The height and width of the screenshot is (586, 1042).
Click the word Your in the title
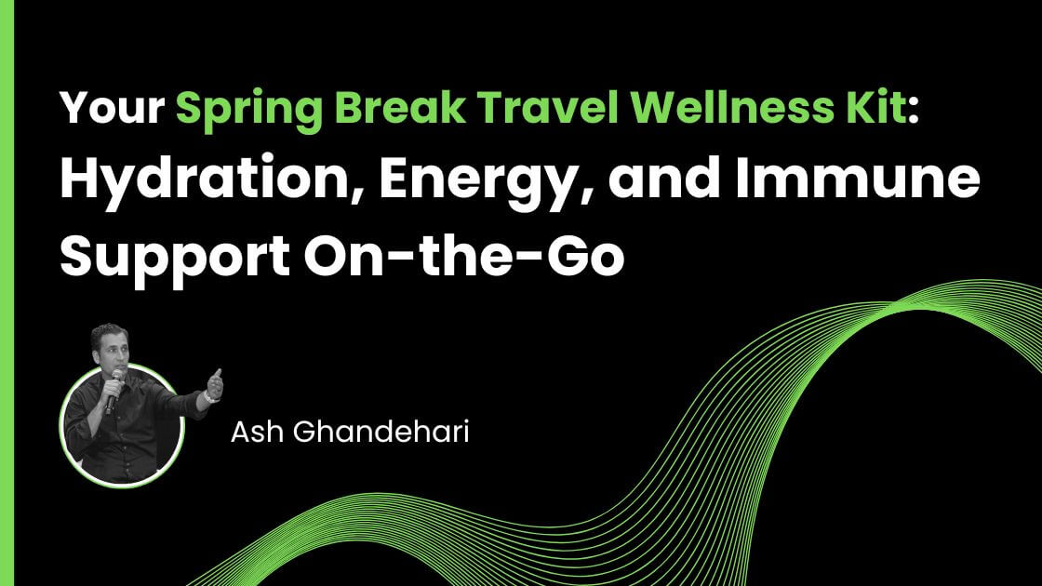tap(111, 112)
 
